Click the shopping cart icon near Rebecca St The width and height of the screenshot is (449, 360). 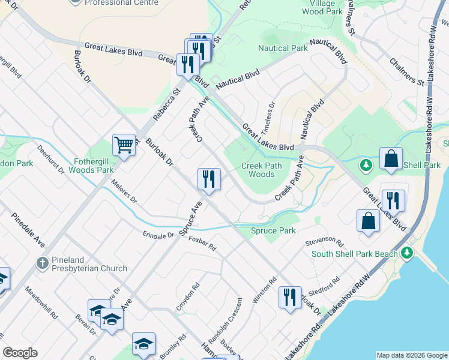click(x=124, y=145)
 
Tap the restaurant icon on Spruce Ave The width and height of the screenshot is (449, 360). click(x=209, y=179)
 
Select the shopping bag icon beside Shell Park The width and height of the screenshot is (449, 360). click(x=390, y=160)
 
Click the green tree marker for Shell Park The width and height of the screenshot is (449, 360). click(x=364, y=164)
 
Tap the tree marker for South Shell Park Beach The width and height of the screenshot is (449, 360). click(x=408, y=253)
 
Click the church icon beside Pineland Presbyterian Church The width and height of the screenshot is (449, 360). click(x=42, y=263)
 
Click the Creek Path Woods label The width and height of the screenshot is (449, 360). click(x=258, y=170)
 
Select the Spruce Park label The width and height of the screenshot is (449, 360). click(x=273, y=230)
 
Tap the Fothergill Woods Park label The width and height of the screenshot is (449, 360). click(x=85, y=166)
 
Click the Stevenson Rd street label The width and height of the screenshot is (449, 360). click(x=324, y=242)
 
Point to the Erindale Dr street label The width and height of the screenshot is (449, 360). click(x=158, y=235)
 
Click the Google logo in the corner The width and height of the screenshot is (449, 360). click(x=20, y=353)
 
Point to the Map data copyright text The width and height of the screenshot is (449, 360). click(x=411, y=355)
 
